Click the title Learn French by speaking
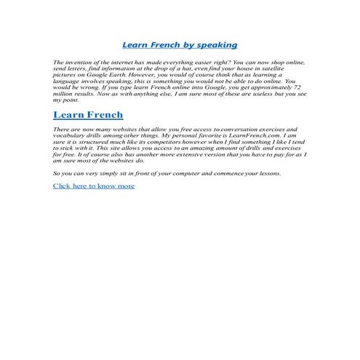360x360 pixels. pyautogui.click(x=180, y=45)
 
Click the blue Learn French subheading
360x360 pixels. pyautogui.click(x=88, y=115)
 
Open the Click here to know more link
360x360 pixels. pyautogui.click(x=94, y=186)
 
